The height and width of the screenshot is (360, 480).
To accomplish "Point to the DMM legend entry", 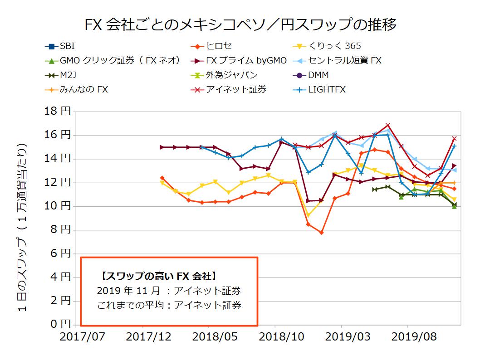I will pyautogui.click(x=318, y=75).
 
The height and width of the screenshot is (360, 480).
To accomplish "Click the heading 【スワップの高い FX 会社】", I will pyautogui.click(x=156, y=276).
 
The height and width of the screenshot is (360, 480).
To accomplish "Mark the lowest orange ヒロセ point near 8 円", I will pyautogui.click(x=321, y=233).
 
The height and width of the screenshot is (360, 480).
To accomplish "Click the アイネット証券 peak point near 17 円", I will pyautogui.click(x=388, y=125).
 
